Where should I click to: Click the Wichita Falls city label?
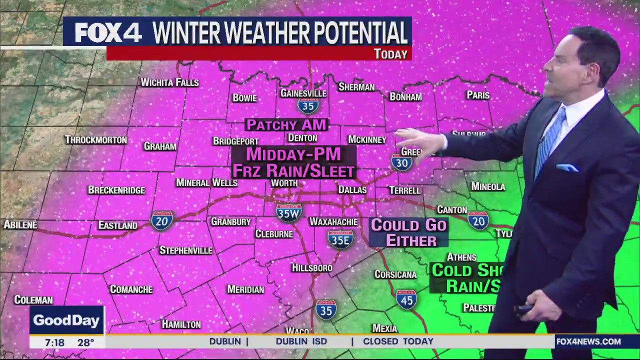(169, 82)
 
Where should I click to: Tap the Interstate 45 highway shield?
(406, 299)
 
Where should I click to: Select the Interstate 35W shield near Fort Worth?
(288, 212)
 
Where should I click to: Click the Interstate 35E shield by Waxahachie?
(341, 239)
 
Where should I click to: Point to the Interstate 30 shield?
(401, 162)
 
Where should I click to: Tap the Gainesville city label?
(303, 93)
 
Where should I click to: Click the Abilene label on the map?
(20, 224)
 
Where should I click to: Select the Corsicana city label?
(395, 274)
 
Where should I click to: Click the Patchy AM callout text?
(286, 124)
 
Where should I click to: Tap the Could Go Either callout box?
(408, 232)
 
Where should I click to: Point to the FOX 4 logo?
(108, 33)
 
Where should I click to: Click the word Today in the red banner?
(390, 54)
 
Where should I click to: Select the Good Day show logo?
(66, 320)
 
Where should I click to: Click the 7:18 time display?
(54, 342)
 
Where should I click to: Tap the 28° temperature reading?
(85, 342)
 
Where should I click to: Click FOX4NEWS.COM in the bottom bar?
(588, 341)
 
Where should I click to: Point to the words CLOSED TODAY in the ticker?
(398, 341)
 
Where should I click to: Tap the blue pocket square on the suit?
(567, 168)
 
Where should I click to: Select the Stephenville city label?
(185, 250)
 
